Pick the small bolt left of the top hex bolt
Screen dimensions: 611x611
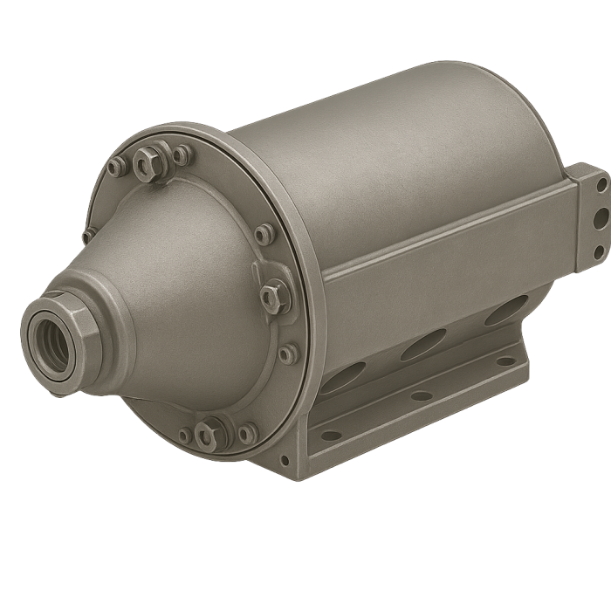pyautogui.click(x=115, y=168)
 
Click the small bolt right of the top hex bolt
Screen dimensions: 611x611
pyautogui.click(x=181, y=155)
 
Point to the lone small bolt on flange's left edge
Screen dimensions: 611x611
pyautogui.click(x=88, y=236)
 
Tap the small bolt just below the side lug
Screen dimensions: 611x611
pyautogui.click(x=286, y=354)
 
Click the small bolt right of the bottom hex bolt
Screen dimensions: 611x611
pyautogui.click(x=248, y=432)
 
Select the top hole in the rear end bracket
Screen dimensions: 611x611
pyautogui.click(x=601, y=183)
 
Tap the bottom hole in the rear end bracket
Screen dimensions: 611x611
pyautogui.click(x=600, y=251)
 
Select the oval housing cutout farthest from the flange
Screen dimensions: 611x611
pyautogui.click(x=505, y=309)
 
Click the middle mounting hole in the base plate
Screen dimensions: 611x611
pyautogui.click(x=422, y=395)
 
